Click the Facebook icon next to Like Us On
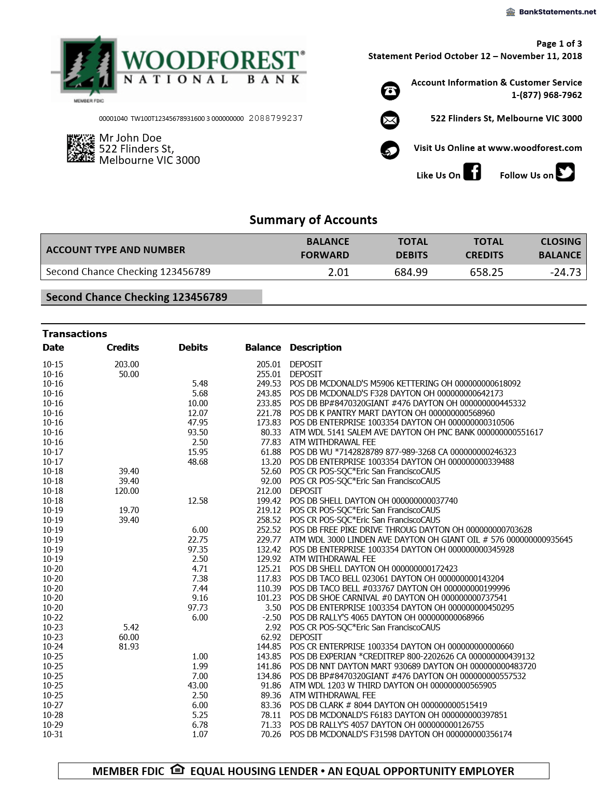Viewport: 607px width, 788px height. pos(472,172)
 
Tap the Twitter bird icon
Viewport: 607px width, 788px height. pos(565,172)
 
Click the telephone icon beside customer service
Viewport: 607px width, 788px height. pos(390,91)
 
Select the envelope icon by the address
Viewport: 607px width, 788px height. pos(390,120)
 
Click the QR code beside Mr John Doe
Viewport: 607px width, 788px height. pos(80,148)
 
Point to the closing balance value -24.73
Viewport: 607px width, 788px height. pos(566,272)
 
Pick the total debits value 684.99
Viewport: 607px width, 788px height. pos(411,272)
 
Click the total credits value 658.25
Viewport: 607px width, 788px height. pos(486,272)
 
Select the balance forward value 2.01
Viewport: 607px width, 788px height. pos(338,272)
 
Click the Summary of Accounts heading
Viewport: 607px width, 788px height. pos(313,220)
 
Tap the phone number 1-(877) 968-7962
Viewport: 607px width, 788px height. pos(546,95)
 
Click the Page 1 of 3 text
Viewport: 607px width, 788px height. pos(559,44)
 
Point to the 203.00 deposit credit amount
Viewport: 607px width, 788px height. pos(126,364)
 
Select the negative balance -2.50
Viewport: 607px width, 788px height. pos(271,617)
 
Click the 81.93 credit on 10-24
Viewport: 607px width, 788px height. pos(129,646)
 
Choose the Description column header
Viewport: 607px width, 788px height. pos(315,348)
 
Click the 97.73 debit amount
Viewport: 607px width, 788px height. pos(197,607)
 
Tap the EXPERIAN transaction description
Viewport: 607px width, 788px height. pos(412,656)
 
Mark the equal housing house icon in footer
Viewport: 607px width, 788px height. pos(177,769)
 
